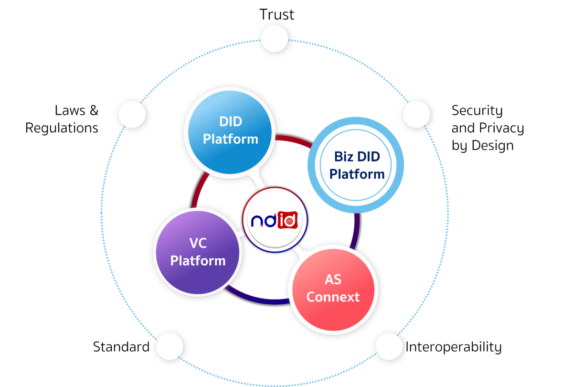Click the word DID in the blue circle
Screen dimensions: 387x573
point(231,122)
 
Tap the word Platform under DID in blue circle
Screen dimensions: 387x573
point(231,139)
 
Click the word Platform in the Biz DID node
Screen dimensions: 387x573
point(357,173)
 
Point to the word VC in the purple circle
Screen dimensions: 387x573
point(198,243)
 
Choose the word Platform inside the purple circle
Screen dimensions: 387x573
point(198,261)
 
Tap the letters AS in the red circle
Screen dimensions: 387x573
point(333,280)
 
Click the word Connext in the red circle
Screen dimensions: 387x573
point(333,297)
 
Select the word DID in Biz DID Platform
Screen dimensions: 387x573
point(371,156)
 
